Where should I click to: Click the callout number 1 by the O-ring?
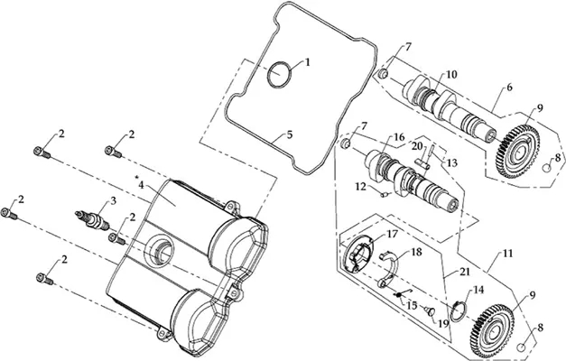click(x=308, y=62)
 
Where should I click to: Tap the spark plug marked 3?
click(x=92, y=220)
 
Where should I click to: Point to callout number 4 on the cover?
click(x=141, y=185)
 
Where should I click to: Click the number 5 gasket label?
click(x=290, y=135)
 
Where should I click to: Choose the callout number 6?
click(x=509, y=88)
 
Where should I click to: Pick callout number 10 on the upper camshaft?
click(x=451, y=74)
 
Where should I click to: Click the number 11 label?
click(x=507, y=254)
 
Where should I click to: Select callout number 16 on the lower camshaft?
click(x=399, y=137)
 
